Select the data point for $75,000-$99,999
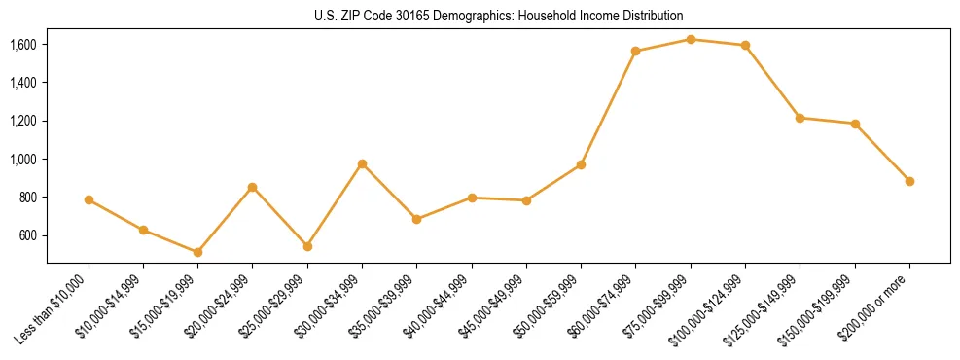click(691, 39)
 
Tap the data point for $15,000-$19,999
click(197, 252)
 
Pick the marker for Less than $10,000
click(89, 199)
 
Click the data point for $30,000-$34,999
click(362, 163)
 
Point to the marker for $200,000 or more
click(909, 181)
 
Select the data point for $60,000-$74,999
click(635, 51)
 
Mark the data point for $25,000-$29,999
click(307, 246)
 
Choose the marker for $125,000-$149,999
click(800, 118)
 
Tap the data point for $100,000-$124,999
click(745, 45)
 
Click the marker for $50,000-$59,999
click(581, 164)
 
